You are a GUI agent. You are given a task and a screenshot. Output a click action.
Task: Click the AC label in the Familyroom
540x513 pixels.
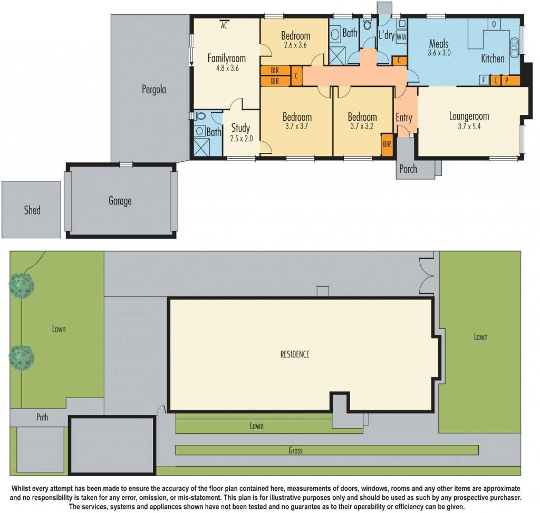point(224,25)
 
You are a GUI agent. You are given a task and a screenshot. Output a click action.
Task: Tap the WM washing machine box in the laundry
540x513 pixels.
point(401,36)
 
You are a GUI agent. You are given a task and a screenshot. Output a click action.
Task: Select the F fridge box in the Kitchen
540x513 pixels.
point(483,80)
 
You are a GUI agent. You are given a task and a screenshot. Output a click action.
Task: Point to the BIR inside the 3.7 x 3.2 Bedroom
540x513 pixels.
point(387,144)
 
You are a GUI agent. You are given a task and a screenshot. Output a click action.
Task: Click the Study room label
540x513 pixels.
point(240,128)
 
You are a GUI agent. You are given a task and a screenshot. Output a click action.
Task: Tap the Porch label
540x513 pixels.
point(408,169)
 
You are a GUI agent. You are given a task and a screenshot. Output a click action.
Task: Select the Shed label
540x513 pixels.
point(32,210)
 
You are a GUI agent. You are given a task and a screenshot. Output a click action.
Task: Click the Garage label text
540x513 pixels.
point(120,201)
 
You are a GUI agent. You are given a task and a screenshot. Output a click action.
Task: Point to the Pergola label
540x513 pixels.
point(153,90)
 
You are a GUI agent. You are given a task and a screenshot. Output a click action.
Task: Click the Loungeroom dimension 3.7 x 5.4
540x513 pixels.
point(469,126)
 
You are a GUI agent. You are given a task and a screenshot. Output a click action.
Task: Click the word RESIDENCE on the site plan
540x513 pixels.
point(295,354)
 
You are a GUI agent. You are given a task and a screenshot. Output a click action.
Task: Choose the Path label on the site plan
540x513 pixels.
point(42,417)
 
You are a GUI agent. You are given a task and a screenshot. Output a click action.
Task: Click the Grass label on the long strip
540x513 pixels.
point(296,450)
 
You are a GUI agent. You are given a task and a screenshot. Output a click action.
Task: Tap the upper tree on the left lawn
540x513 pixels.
point(22,285)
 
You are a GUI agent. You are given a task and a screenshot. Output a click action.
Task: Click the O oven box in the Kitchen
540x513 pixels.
point(494,24)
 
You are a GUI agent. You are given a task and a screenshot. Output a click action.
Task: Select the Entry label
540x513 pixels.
point(404,118)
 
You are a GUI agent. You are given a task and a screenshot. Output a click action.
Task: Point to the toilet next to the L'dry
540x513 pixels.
point(367,25)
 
